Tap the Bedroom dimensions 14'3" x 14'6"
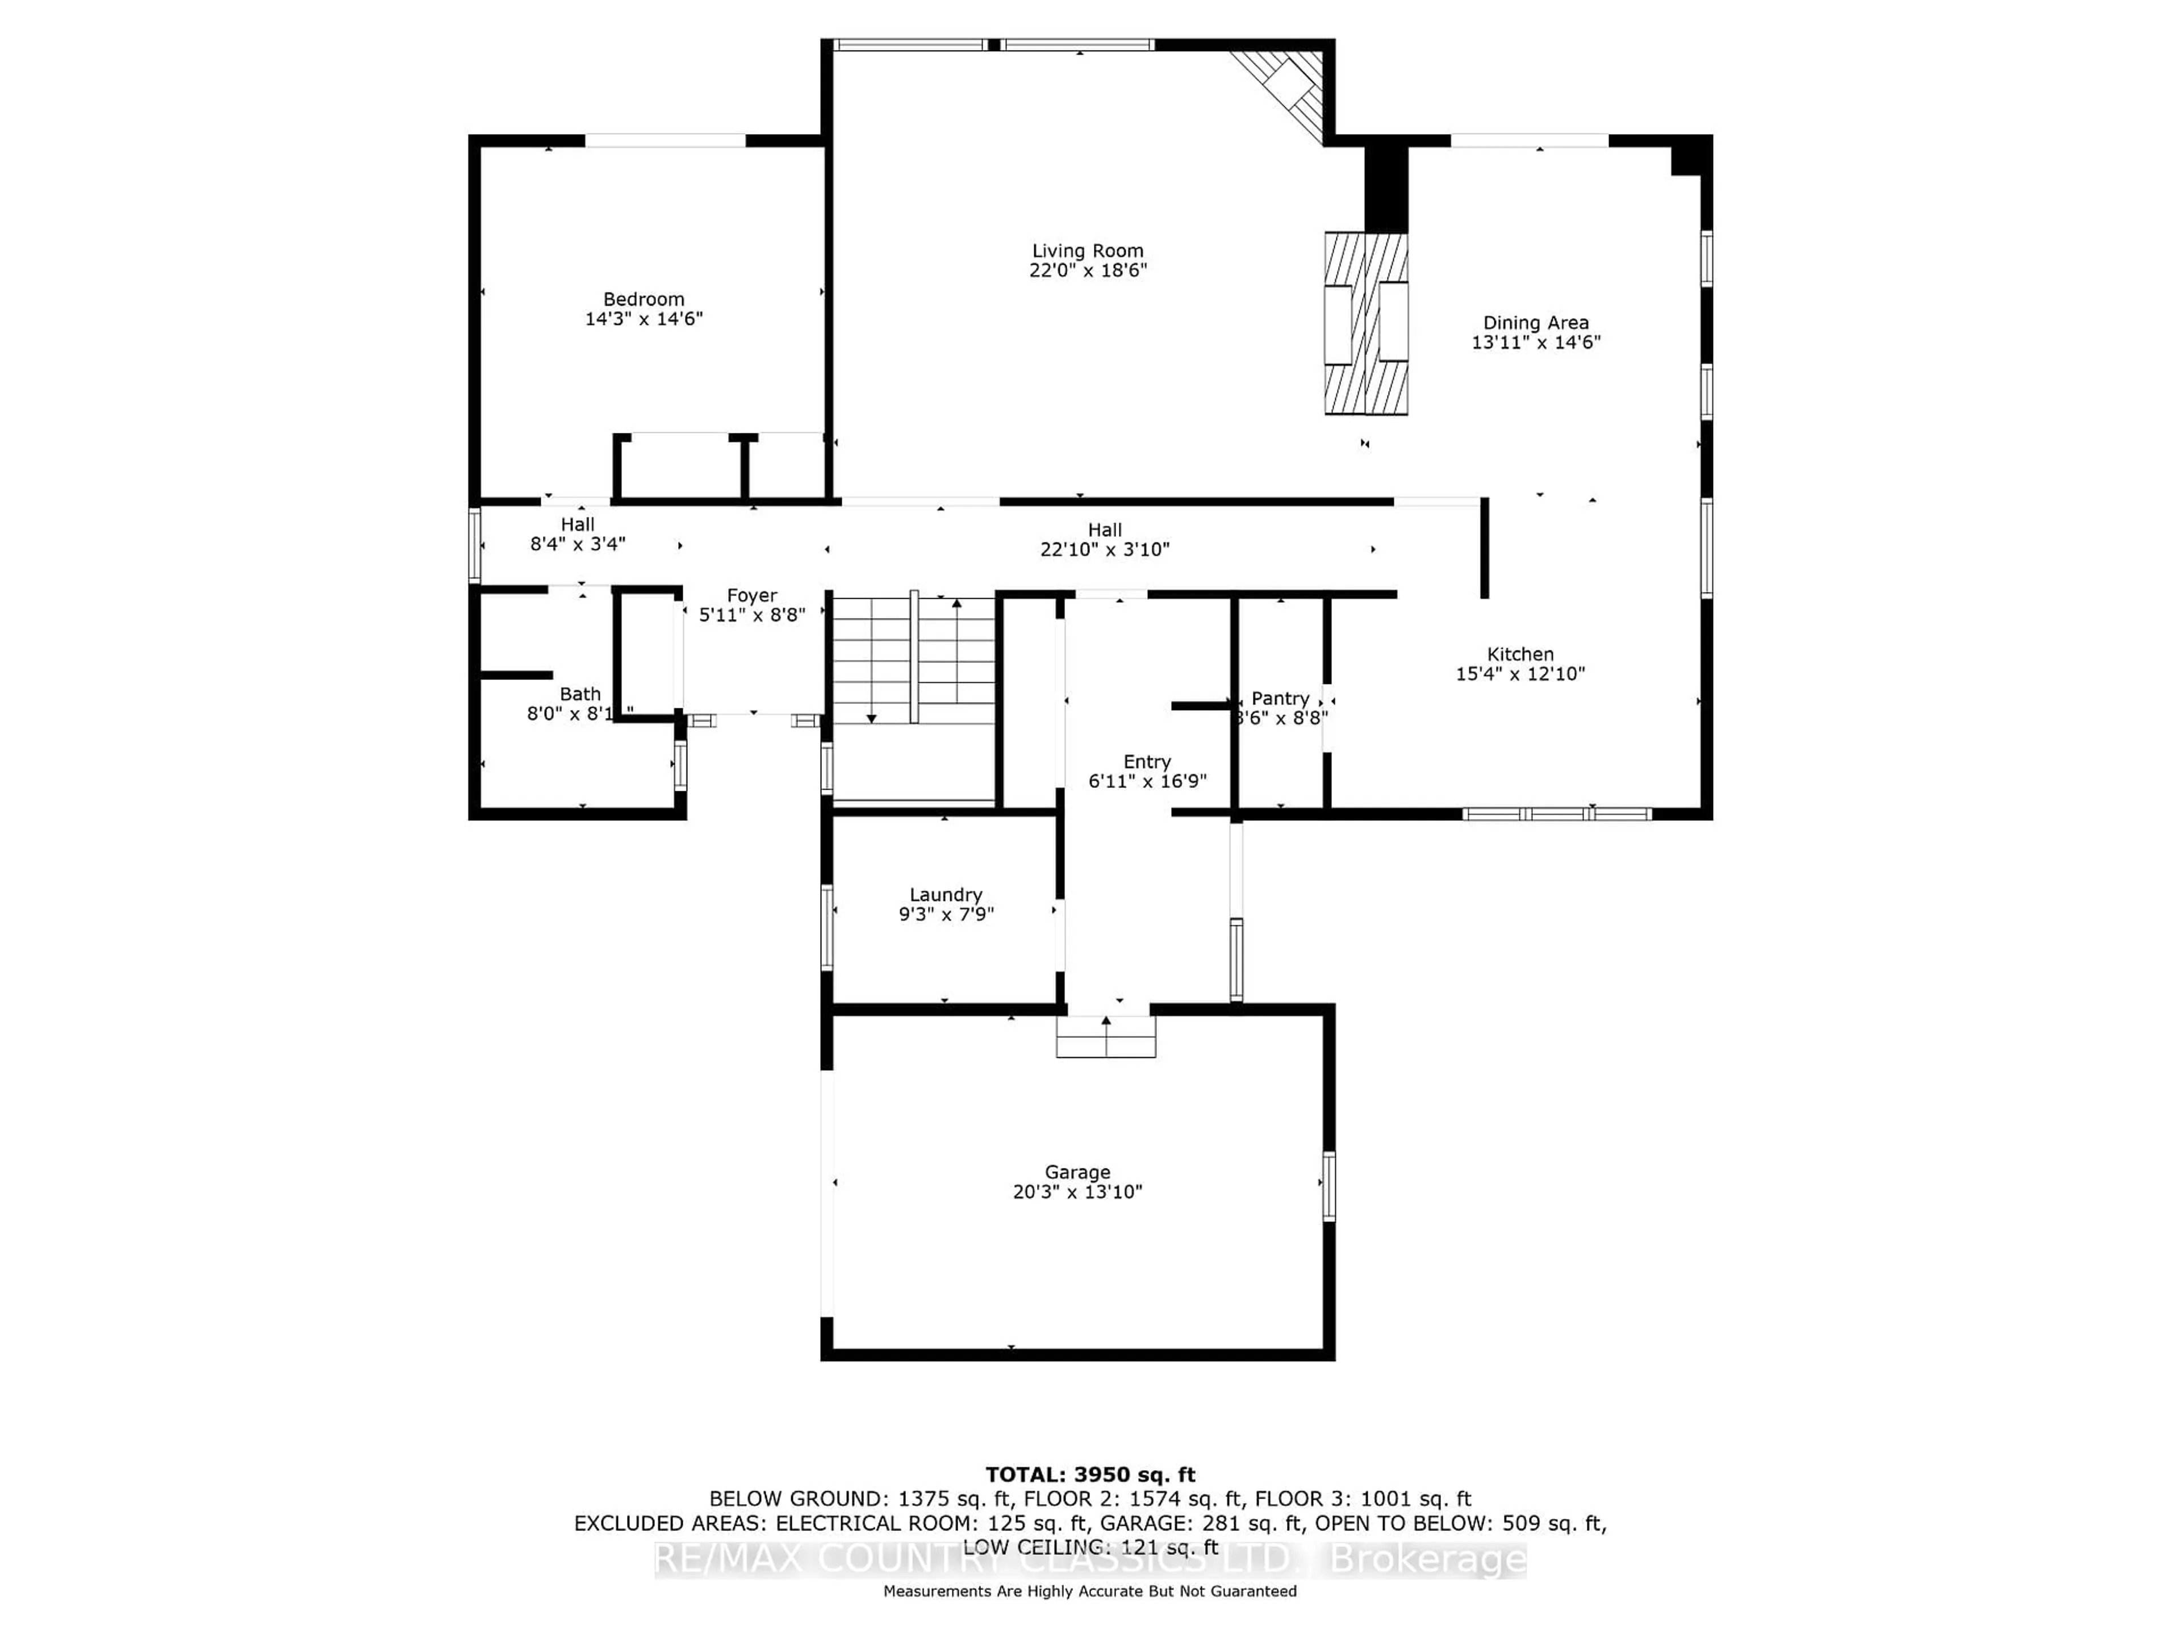point(644,319)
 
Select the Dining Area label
point(1535,323)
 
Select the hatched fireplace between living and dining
point(1365,323)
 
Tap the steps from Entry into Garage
point(1105,1037)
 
